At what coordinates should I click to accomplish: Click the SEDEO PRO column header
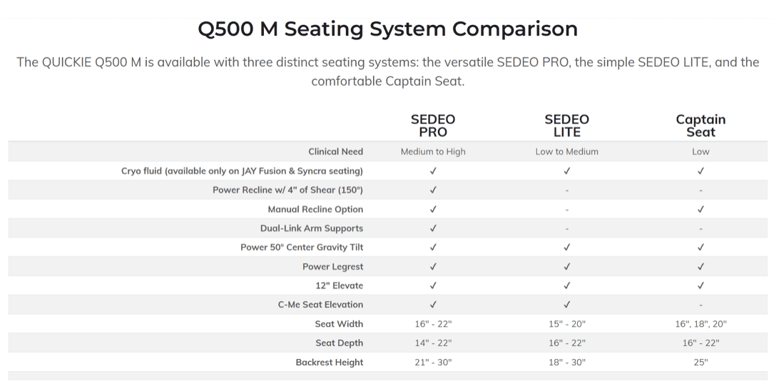point(433,126)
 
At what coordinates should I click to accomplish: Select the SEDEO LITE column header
point(567,126)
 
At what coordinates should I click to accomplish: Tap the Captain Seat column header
point(701,126)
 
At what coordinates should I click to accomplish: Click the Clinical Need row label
point(335,151)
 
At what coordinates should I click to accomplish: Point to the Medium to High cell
point(433,151)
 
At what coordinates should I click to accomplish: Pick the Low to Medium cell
point(567,151)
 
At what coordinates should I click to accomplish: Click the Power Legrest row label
point(332,267)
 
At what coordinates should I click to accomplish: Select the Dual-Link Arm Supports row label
point(312,228)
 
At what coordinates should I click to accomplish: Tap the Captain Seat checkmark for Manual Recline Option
point(701,209)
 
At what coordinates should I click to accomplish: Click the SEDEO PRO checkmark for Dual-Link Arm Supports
point(433,228)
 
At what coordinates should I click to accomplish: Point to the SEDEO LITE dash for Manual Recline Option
point(567,210)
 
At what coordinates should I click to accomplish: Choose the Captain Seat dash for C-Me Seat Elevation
point(701,305)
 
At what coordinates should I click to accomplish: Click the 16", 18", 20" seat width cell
point(701,324)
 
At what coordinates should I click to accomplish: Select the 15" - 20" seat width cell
point(567,324)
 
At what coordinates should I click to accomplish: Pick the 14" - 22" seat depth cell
point(433,343)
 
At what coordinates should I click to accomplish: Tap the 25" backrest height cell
point(701,362)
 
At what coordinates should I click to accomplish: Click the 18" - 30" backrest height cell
point(567,362)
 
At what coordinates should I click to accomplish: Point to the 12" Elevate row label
point(339,285)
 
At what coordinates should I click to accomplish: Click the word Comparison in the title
point(514,29)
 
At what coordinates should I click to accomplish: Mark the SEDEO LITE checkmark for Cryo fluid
point(567,171)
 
